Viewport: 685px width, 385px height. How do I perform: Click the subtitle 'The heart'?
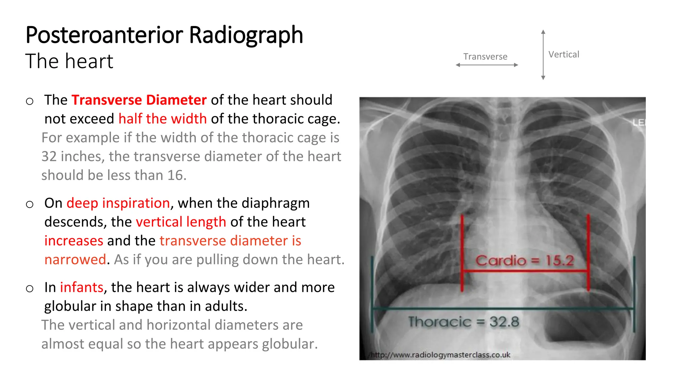coord(69,61)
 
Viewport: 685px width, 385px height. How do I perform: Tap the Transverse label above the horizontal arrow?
coord(485,56)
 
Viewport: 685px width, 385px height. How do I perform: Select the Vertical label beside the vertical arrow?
coord(564,54)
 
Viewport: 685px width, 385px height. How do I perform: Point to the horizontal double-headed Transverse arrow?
coord(487,65)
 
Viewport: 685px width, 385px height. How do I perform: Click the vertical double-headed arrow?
coord(543,55)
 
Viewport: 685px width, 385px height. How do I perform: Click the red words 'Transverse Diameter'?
coord(139,100)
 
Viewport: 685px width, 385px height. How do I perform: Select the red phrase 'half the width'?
coord(163,119)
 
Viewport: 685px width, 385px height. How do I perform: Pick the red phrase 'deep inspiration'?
coord(118,203)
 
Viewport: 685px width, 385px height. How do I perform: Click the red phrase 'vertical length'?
coord(181,222)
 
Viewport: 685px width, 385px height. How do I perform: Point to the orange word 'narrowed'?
coord(75,259)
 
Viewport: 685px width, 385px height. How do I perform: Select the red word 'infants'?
coord(82,287)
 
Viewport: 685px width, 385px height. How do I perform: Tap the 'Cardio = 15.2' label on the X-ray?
coord(524,260)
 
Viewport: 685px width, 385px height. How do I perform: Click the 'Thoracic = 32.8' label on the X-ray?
coord(464,322)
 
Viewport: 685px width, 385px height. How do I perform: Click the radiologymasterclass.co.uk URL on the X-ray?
coord(441,355)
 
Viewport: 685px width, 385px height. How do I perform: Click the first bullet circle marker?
coord(30,101)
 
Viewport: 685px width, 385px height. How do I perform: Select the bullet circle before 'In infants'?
coord(30,288)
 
